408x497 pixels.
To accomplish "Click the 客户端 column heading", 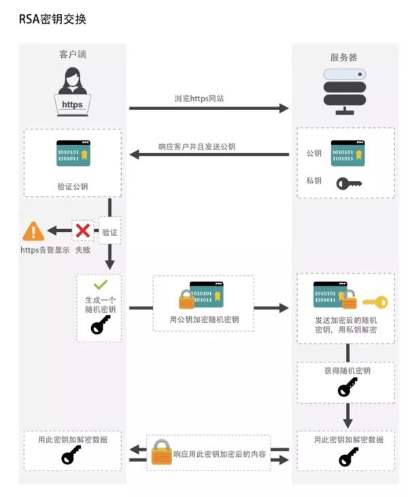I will pos(73,54).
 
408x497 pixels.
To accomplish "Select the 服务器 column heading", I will pos(343,58).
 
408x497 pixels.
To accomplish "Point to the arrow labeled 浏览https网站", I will pos(209,108).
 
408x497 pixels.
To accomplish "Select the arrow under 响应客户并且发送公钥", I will pos(209,154).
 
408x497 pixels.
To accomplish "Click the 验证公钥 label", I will pos(73,186).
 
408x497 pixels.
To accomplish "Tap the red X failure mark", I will pos(83,231).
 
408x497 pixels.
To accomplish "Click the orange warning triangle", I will pos(33,232).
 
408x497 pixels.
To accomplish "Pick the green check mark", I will pos(101,285).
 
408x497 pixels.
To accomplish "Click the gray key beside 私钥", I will pos(349,183).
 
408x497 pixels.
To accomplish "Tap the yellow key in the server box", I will pos(375,302).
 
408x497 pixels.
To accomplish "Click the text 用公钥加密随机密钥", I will pos(204,320).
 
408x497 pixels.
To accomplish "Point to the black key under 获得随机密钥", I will pos(347,388).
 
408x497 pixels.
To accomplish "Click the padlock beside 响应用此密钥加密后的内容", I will pos(161,451).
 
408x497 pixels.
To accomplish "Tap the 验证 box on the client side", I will pos(109,232).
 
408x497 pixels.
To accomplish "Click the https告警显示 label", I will pos(45,250).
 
